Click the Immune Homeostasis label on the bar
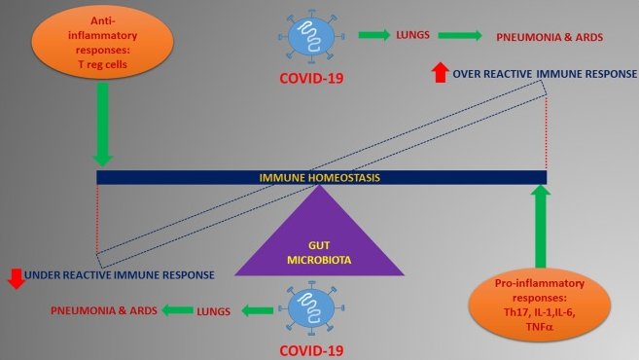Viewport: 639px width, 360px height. (318, 177)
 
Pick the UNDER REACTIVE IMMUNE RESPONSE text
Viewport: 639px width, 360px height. (120, 276)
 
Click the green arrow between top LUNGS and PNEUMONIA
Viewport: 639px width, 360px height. (461, 36)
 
